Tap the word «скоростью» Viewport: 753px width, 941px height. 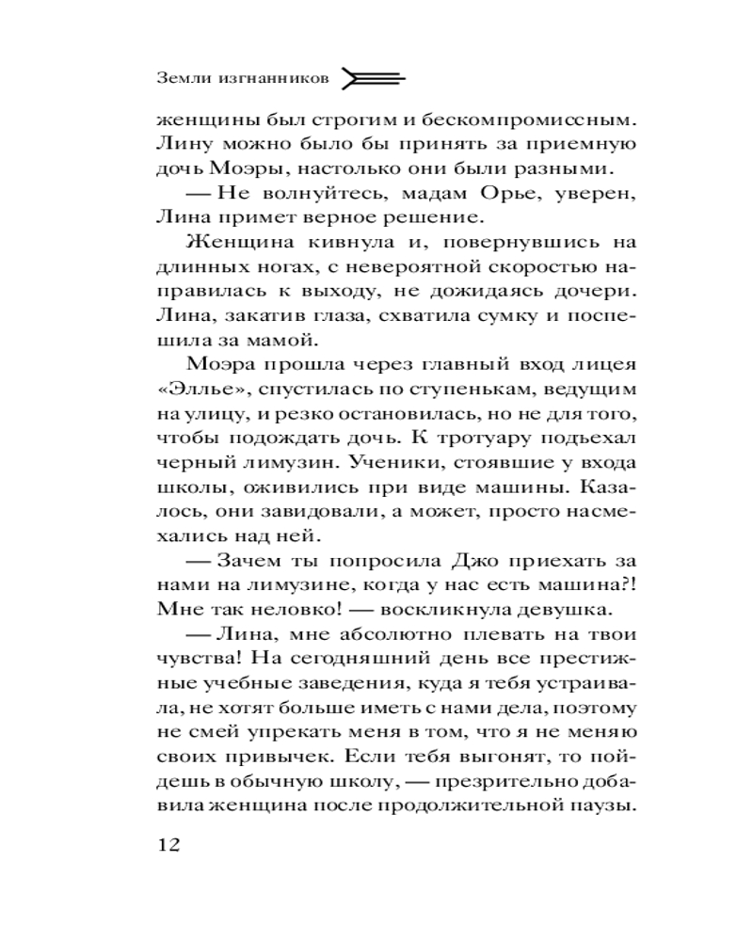click(529, 266)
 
